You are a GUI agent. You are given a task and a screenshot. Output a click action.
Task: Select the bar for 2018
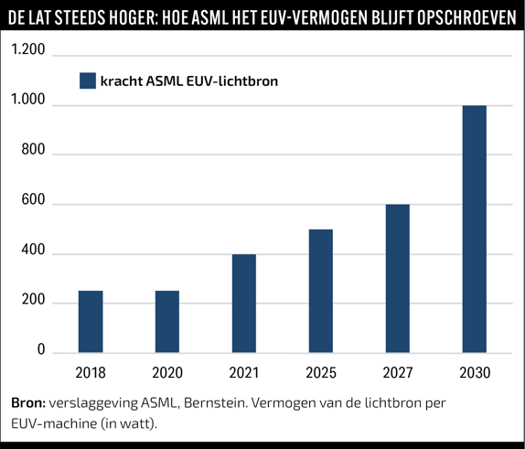coord(91,321)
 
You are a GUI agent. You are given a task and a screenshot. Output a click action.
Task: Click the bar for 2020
coord(167,321)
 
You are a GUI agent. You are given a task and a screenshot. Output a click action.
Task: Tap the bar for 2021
coord(244,304)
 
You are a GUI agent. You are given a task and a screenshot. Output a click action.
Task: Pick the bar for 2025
coord(321,291)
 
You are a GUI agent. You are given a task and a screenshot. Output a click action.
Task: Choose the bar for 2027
coord(398,278)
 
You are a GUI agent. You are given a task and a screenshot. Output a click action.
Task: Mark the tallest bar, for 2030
coord(475,229)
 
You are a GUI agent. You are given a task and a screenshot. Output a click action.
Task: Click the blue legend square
coord(88,80)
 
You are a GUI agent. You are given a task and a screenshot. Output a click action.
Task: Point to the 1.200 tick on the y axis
coord(28,49)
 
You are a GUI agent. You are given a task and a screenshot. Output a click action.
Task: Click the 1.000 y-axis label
coord(28,100)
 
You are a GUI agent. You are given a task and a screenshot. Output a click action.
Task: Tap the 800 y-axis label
coord(33,149)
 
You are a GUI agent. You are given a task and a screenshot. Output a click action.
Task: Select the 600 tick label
coord(33,199)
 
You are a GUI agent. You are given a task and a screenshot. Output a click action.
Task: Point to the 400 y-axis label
coord(33,250)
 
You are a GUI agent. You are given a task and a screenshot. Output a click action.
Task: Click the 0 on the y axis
coord(41,349)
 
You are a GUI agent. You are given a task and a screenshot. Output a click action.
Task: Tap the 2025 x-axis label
coord(321,373)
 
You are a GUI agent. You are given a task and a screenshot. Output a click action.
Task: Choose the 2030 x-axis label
coord(475,373)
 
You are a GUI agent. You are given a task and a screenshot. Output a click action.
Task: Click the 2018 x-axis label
coord(91,373)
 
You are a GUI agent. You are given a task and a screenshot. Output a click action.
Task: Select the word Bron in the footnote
coord(28,402)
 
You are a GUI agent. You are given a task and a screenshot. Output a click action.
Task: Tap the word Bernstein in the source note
coord(214,402)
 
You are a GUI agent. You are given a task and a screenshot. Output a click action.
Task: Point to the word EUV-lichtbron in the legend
coord(232,81)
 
